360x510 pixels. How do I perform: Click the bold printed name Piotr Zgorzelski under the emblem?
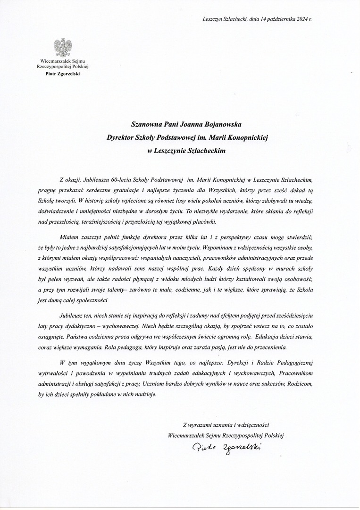pyautogui.click(x=63, y=73)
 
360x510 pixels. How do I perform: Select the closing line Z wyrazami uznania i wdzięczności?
pyautogui.click(x=226, y=425)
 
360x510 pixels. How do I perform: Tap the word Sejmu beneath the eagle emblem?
pyautogui.click(x=79, y=61)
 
